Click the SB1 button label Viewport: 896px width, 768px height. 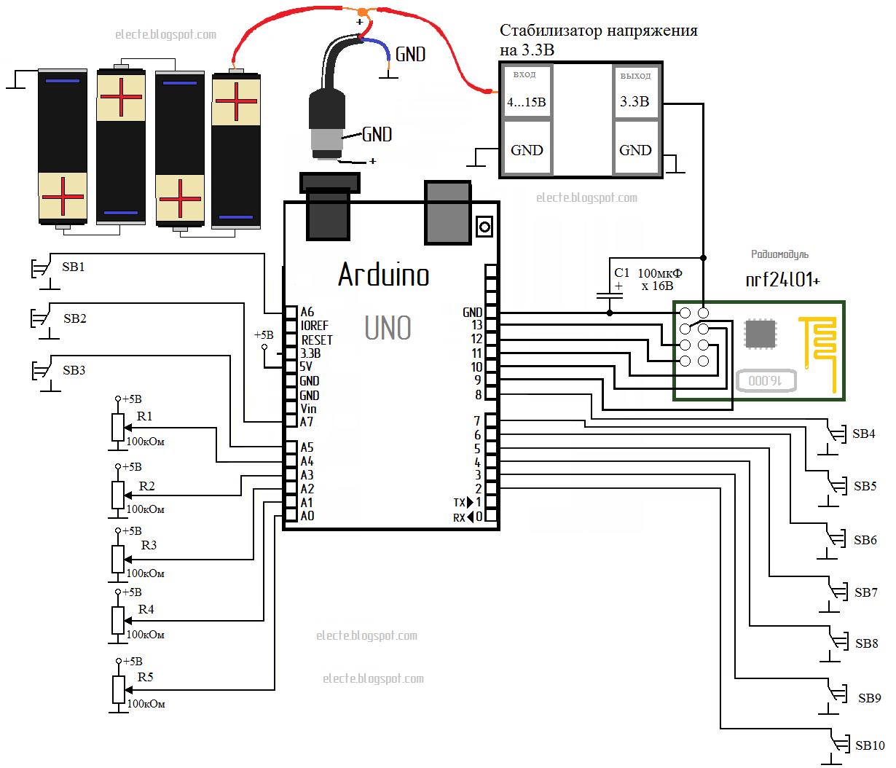point(74,267)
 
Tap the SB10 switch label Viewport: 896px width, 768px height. point(870,745)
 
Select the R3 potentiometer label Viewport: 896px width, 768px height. point(149,545)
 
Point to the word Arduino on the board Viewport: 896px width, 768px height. point(384,275)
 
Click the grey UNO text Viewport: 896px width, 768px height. point(388,328)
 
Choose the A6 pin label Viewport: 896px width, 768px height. point(307,312)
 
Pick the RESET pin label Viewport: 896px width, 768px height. point(317,340)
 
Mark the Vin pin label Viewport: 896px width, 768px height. point(309,409)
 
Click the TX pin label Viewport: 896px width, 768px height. point(460,503)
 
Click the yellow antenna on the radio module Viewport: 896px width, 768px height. point(820,342)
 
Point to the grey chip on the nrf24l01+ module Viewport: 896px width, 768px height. point(761,334)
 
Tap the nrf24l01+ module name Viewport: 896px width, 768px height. point(782,280)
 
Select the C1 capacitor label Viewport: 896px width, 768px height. point(621,273)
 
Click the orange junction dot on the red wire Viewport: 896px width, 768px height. point(362,12)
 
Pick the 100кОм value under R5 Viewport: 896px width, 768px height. point(146,704)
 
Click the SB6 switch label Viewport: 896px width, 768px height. point(865,540)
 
